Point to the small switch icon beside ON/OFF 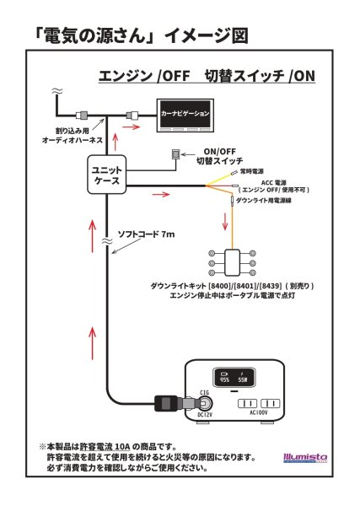click(175, 154)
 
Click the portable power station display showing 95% click(230, 377)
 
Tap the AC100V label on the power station click(256, 412)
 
